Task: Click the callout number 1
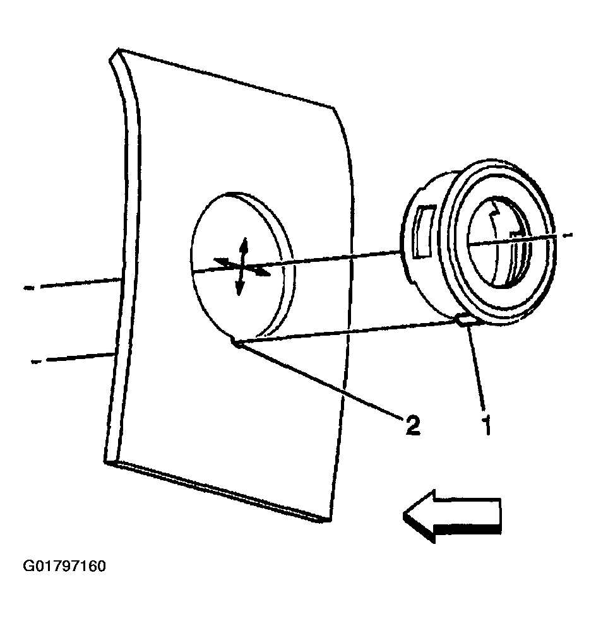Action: (x=488, y=424)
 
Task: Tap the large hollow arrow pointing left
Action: (x=452, y=516)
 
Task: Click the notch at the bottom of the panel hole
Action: (x=237, y=343)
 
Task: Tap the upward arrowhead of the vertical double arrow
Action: (x=244, y=245)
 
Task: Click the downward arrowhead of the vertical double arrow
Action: (x=239, y=287)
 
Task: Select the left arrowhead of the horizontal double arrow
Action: (x=222, y=261)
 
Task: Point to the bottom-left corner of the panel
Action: (x=106, y=461)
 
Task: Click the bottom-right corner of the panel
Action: (x=329, y=521)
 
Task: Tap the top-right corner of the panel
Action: (x=334, y=107)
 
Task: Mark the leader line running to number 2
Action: (x=321, y=379)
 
